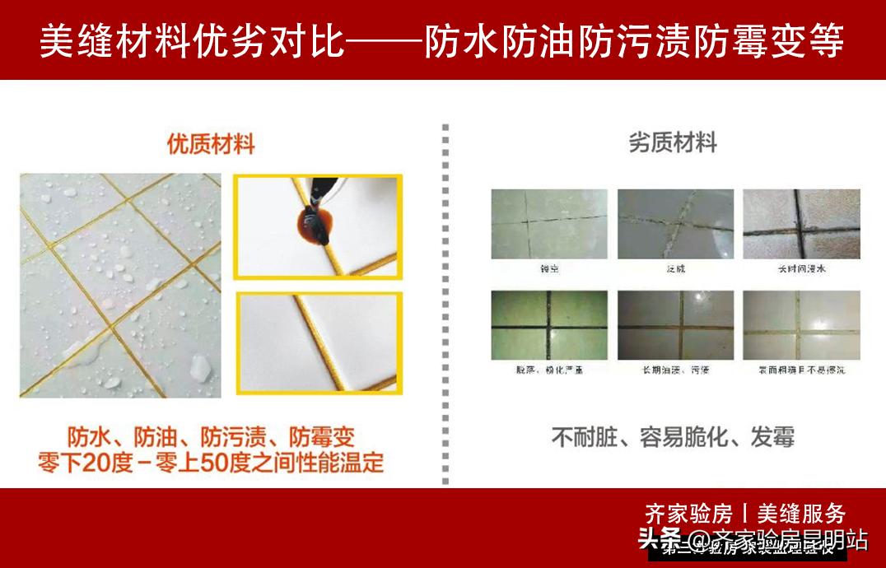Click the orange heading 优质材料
pos(211,145)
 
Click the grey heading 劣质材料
pos(673,143)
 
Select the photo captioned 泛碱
pos(674,224)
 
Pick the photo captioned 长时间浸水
pos(801,224)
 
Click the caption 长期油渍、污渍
pos(675,370)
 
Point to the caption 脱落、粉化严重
pos(550,370)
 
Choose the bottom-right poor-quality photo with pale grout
pos(801,325)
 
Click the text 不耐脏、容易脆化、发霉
pos(673,437)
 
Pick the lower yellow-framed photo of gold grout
pos(319,342)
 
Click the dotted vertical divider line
pos(445,305)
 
